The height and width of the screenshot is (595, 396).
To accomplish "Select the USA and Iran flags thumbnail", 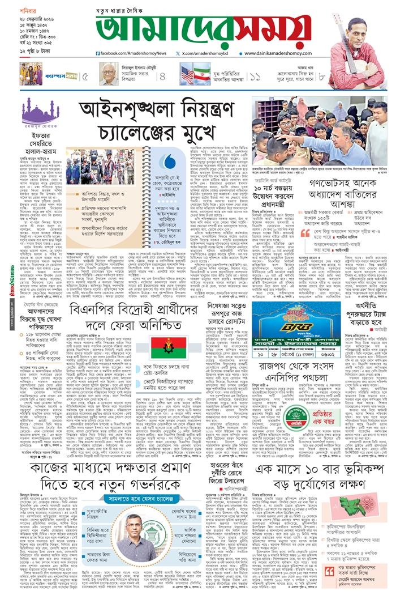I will coord(195,74).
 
